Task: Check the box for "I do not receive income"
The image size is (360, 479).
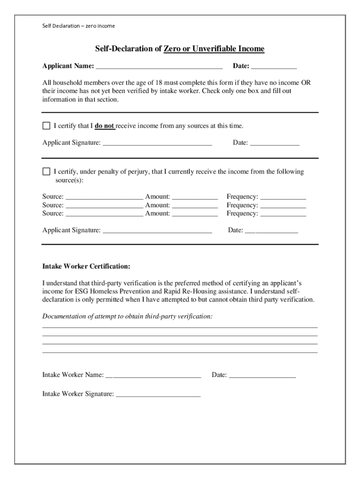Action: tap(46, 126)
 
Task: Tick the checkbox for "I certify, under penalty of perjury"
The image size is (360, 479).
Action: tap(46, 172)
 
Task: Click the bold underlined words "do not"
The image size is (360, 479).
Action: tap(105, 126)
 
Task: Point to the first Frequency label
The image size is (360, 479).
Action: tap(242, 197)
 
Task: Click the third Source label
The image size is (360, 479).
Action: tap(52, 214)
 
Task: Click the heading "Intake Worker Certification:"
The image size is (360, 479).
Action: tap(86, 267)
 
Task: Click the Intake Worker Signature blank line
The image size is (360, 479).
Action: tap(158, 395)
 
